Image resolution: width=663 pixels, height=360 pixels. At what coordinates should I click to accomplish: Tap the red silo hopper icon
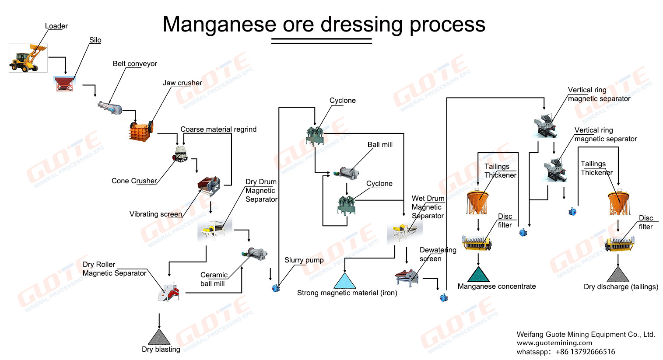[64, 83]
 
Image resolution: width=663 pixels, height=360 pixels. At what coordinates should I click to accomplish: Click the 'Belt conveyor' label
[135, 64]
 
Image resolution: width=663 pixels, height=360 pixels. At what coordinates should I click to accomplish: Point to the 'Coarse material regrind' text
[218, 129]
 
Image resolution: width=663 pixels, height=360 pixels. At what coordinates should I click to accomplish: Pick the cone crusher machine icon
[180, 154]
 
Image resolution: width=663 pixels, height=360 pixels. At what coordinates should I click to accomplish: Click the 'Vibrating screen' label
[155, 214]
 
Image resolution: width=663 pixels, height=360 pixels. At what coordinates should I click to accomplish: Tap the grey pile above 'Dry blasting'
[159, 337]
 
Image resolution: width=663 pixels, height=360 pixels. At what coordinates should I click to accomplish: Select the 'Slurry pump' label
[304, 260]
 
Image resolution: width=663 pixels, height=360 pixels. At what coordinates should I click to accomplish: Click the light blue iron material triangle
[345, 281]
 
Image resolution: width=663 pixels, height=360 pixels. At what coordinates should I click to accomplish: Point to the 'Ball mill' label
[380, 145]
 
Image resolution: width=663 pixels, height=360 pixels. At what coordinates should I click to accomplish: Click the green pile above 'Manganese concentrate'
[478, 275]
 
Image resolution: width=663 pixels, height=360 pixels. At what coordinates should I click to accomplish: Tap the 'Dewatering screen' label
[438, 254]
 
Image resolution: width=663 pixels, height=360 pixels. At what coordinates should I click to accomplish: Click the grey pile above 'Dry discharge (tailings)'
[618, 275]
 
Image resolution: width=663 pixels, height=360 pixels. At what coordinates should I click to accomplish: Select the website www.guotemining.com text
[554, 343]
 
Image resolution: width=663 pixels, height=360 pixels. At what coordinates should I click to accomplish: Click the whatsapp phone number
[585, 352]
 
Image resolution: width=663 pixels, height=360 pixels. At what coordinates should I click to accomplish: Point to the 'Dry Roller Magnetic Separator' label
[114, 269]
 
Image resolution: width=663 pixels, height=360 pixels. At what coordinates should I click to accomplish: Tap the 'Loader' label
[56, 26]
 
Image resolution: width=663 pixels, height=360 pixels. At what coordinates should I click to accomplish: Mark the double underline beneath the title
[321, 41]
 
